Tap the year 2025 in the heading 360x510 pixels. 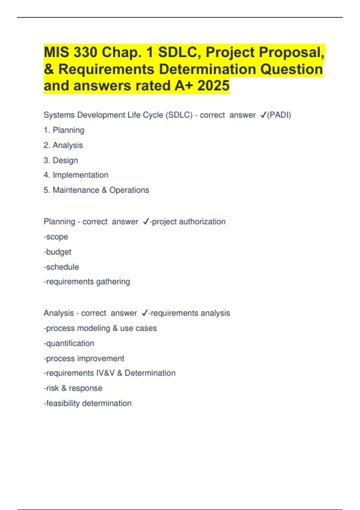pyautogui.click(x=213, y=86)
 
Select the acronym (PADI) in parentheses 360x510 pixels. pyautogui.click(x=279, y=115)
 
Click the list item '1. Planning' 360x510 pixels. pyautogui.click(x=64, y=130)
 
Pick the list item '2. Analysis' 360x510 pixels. pyautogui.click(x=63, y=145)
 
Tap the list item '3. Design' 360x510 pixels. pyautogui.click(x=61, y=160)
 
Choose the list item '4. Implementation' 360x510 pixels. pyautogui.click(x=76, y=175)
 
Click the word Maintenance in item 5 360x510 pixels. pyautogui.click(x=76, y=190)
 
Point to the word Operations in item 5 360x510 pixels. pyautogui.click(x=129, y=190)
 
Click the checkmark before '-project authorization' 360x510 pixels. pyautogui.click(x=146, y=222)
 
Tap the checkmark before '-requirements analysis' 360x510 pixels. pyautogui.click(x=145, y=313)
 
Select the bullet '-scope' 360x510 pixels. pyautogui.click(x=56, y=237)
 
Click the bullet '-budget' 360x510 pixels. pyautogui.click(x=58, y=252)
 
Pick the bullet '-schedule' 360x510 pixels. pyautogui.click(x=61, y=267)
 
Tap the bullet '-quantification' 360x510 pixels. pyautogui.click(x=69, y=343)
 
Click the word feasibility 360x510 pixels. pyautogui.click(x=63, y=403)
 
